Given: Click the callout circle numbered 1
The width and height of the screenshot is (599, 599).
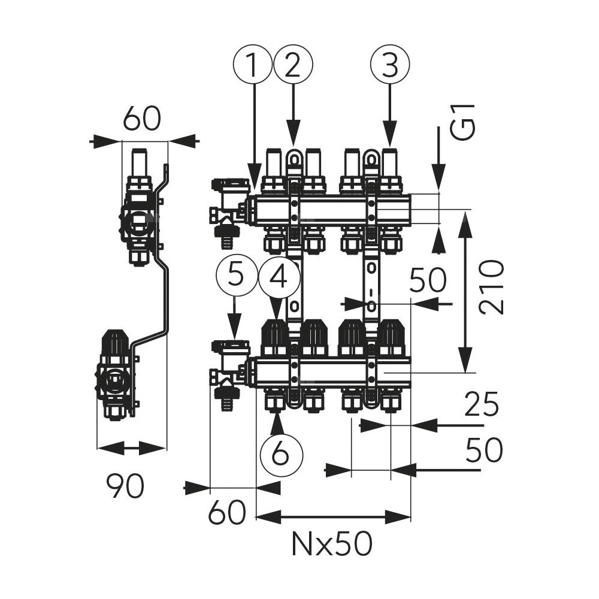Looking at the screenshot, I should pyautogui.click(x=253, y=66).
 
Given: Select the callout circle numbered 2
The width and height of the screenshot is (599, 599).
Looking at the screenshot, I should pyautogui.click(x=293, y=66).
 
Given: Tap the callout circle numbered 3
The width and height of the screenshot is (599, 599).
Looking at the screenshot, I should pyautogui.click(x=391, y=66).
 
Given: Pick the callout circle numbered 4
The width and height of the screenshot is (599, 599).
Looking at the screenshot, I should pyautogui.click(x=277, y=277).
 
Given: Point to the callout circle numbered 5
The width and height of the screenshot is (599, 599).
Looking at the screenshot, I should pyautogui.click(x=236, y=277).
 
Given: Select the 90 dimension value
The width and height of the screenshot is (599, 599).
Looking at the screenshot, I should pyautogui.click(x=125, y=485).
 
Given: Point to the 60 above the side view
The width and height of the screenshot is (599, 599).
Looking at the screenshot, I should pyautogui.click(x=143, y=119).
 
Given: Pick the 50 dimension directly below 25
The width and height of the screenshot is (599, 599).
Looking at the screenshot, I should pyautogui.click(x=483, y=451).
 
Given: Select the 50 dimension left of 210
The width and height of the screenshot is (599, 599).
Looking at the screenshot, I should pyautogui.click(x=428, y=280).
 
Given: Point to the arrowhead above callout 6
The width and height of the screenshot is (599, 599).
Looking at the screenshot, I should pyautogui.click(x=277, y=422).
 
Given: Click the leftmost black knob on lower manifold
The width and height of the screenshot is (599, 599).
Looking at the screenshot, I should pyautogui.click(x=276, y=337).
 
